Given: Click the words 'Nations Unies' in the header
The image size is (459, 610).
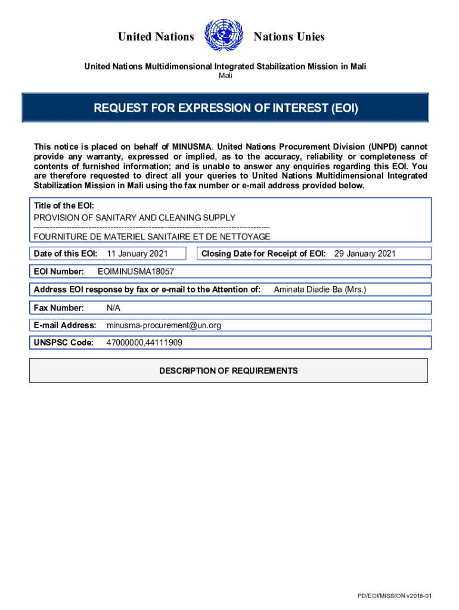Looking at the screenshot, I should pos(289,37).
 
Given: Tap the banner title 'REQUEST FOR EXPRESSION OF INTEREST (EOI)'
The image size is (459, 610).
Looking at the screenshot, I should pos(226,108).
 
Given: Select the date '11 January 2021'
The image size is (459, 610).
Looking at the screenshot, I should pos(137,254).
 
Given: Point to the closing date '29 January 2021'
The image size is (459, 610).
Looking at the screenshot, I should pos(365,254).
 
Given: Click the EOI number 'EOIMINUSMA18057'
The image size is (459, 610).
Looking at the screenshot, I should pos(135,272).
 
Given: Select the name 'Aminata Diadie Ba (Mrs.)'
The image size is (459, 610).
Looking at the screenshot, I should pos(320,290).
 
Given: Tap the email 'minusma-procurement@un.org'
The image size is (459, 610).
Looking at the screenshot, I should pos(164,325).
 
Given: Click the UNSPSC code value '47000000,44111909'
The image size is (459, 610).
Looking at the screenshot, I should pos(144,343).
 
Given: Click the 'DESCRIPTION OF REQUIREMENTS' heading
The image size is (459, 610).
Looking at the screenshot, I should pos(228,371).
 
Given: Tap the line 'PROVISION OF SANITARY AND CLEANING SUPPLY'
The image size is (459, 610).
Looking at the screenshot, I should pos(134,217).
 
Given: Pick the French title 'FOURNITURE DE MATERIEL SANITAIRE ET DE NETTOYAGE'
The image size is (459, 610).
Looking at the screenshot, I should pos(152,236).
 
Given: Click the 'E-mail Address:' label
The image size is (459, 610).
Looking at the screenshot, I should pos(65,325).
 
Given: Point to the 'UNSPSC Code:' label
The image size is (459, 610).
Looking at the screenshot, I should pos(64,343).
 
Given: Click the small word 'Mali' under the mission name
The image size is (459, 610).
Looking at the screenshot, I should pos(225,76).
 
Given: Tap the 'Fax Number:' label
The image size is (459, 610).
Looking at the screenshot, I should pos(59,308).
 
